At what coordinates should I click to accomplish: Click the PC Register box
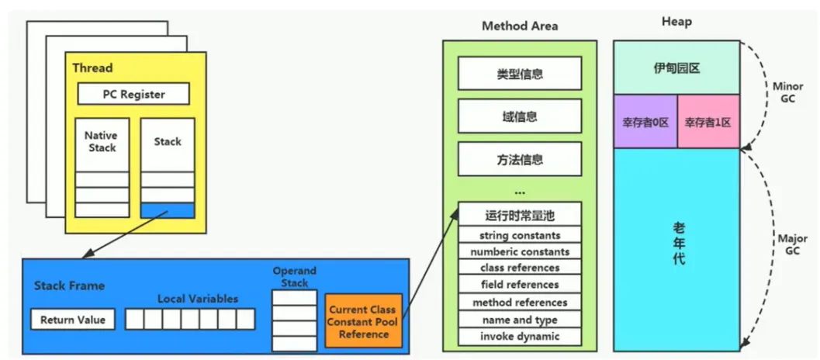[133, 94]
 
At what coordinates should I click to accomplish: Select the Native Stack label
[102, 141]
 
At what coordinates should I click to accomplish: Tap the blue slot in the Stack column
[168, 210]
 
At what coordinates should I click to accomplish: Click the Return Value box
[73, 320]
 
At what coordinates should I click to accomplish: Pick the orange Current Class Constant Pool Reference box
[364, 321]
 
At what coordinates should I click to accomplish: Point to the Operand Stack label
[295, 277]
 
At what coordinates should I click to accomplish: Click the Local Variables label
[198, 299]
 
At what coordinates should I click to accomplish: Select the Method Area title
[520, 26]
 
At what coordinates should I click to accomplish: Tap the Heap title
[676, 22]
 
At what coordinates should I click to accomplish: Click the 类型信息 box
[520, 73]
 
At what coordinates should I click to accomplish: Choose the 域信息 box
[520, 116]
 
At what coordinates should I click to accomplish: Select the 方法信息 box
[520, 158]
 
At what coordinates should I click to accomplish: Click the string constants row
[520, 235]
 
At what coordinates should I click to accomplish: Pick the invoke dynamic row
[520, 337]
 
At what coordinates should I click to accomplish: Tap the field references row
[520, 285]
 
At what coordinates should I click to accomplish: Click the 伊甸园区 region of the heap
[676, 68]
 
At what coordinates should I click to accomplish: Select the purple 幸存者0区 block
[645, 122]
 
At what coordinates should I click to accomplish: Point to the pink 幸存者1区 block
[708, 122]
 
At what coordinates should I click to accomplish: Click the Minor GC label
[787, 92]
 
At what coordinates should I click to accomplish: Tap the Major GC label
[792, 244]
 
